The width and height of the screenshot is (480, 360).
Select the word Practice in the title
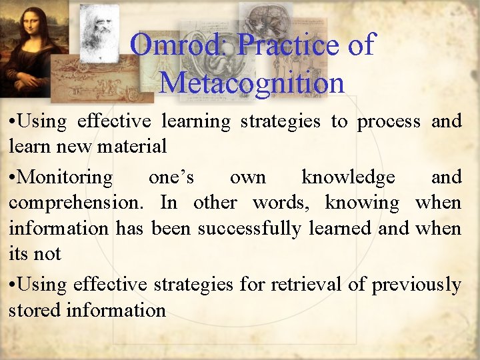289,45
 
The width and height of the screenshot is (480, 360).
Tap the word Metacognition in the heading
252,83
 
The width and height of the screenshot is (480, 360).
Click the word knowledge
348,177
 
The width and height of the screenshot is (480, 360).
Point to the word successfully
254,228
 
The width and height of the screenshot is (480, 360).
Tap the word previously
416,285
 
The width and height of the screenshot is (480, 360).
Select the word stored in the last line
31,310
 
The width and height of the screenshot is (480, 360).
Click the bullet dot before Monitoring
13,178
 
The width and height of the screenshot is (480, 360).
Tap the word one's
171,177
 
